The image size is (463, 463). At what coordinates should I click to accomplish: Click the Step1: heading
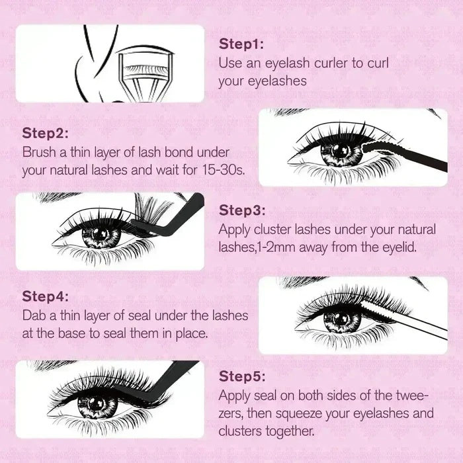pyautogui.click(x=242, y=44)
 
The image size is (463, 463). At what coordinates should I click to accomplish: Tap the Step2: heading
pyautogui.click(x=46, y=132)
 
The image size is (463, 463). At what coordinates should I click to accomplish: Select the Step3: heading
pyautogui.click(x=243, y=210)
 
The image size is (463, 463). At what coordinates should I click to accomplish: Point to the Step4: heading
pyautogui.click(x=46, y=296)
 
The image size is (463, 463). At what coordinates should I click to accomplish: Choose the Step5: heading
pyautogui.click(x=243, y=376)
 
